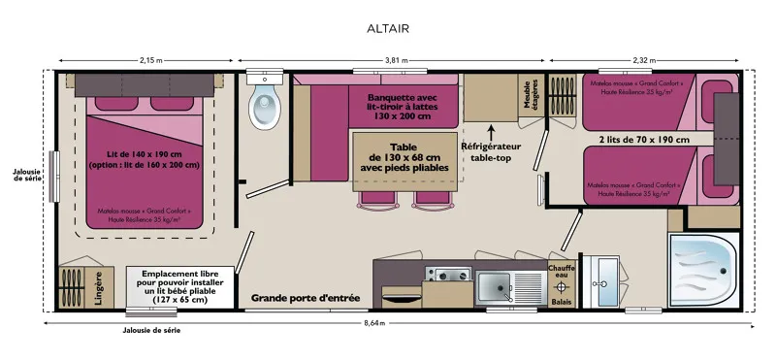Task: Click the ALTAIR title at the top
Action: pyautogui.click(x=387, y=28)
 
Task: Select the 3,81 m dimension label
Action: pyautogui.click(x=388, y=61)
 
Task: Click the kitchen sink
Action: pyautogui.click(x=498, y=286)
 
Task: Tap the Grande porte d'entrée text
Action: pyautogui.click(x=306, y=297)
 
